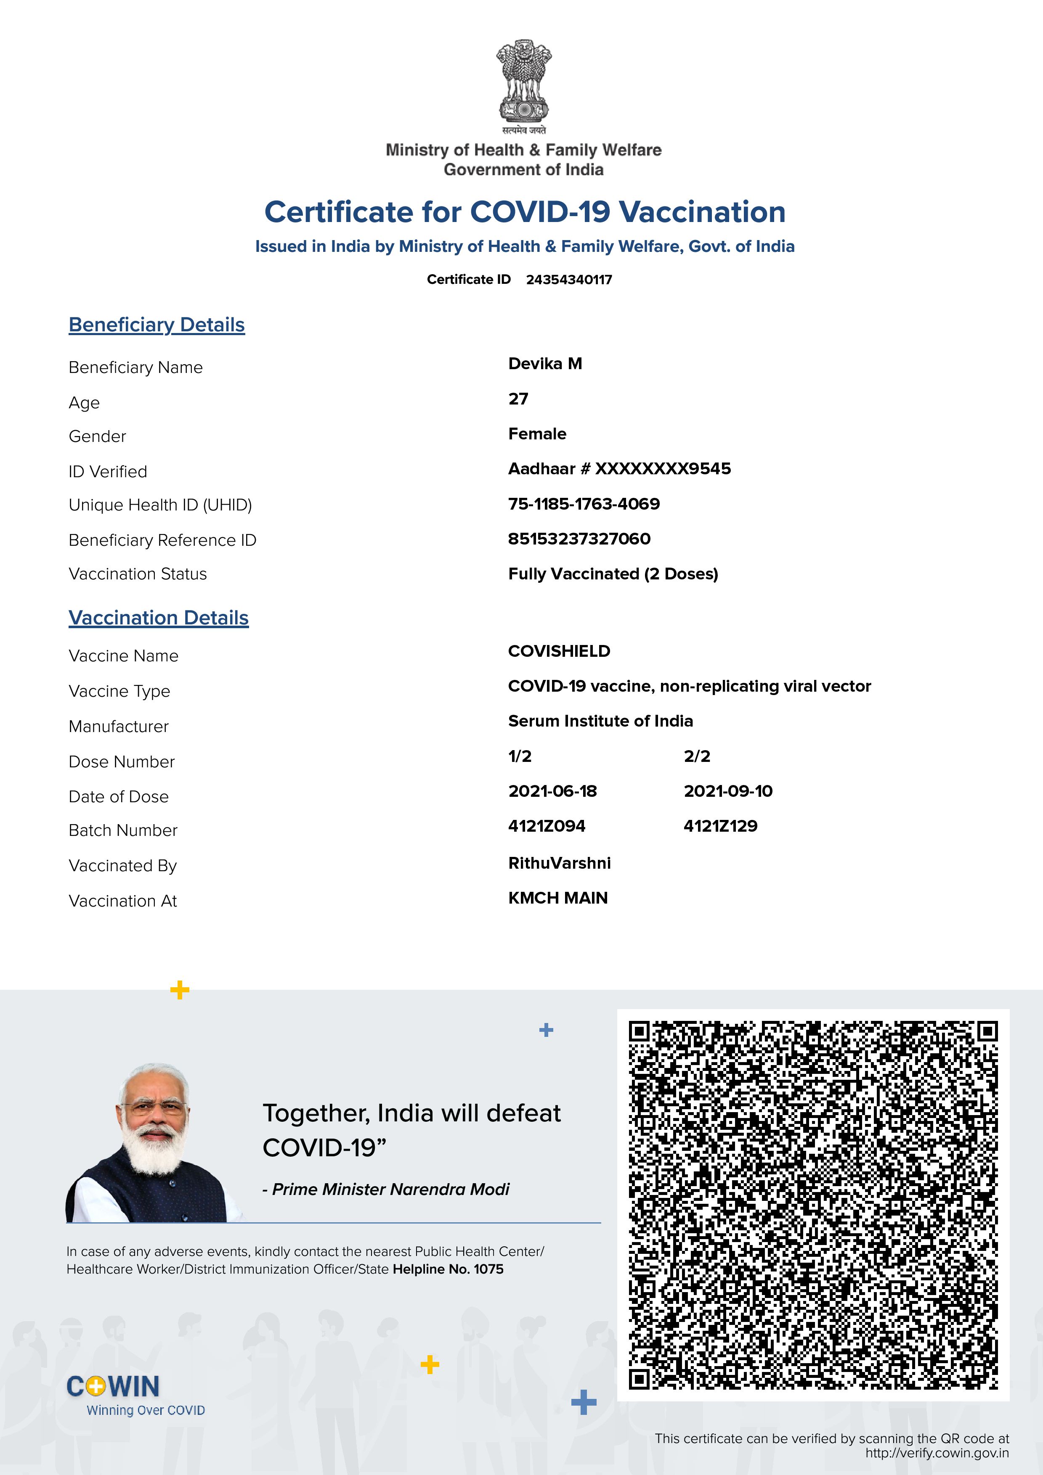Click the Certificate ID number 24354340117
tap(569, 280)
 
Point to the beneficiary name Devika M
tap(545, 364)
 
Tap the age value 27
tap(518, 399)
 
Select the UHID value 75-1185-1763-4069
tap(584, 504)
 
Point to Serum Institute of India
tap(600, 721)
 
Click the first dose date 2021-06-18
tap(552, 791)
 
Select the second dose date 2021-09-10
tap(727, 791)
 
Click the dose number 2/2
tap(697, 756)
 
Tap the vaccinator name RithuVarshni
tap(559, 863)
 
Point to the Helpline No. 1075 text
tap(448, 1269)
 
